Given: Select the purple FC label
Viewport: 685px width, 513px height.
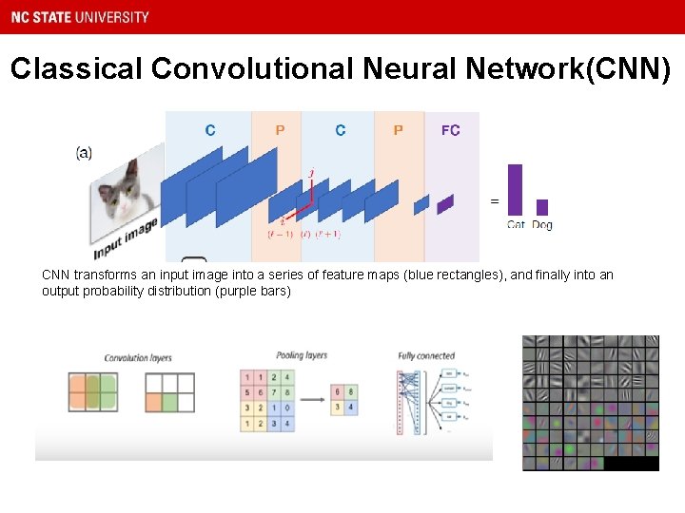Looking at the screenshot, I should pos(450,130).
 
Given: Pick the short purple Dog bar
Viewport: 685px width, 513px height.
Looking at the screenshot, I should pos(542,207).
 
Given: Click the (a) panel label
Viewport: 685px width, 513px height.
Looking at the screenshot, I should pos(85,153).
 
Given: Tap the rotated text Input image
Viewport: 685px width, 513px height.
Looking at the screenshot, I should pos(125,238).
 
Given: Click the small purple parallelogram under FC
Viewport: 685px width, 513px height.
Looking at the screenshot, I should pos(445,203).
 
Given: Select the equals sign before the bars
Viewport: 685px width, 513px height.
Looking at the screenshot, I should pos(494,201).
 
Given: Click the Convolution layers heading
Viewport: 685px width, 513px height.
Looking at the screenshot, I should pos(138,358).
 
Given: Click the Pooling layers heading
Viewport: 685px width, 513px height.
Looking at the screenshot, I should pos(302,355).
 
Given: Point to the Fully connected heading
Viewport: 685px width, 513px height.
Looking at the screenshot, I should pos(426,356).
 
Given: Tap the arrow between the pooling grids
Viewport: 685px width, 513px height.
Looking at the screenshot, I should pos(311,399).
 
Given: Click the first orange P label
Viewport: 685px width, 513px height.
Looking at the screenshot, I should pos(280,130).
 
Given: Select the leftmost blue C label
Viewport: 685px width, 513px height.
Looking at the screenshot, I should pos(210,130).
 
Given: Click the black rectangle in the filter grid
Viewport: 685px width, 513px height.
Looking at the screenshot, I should pos(632,464).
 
